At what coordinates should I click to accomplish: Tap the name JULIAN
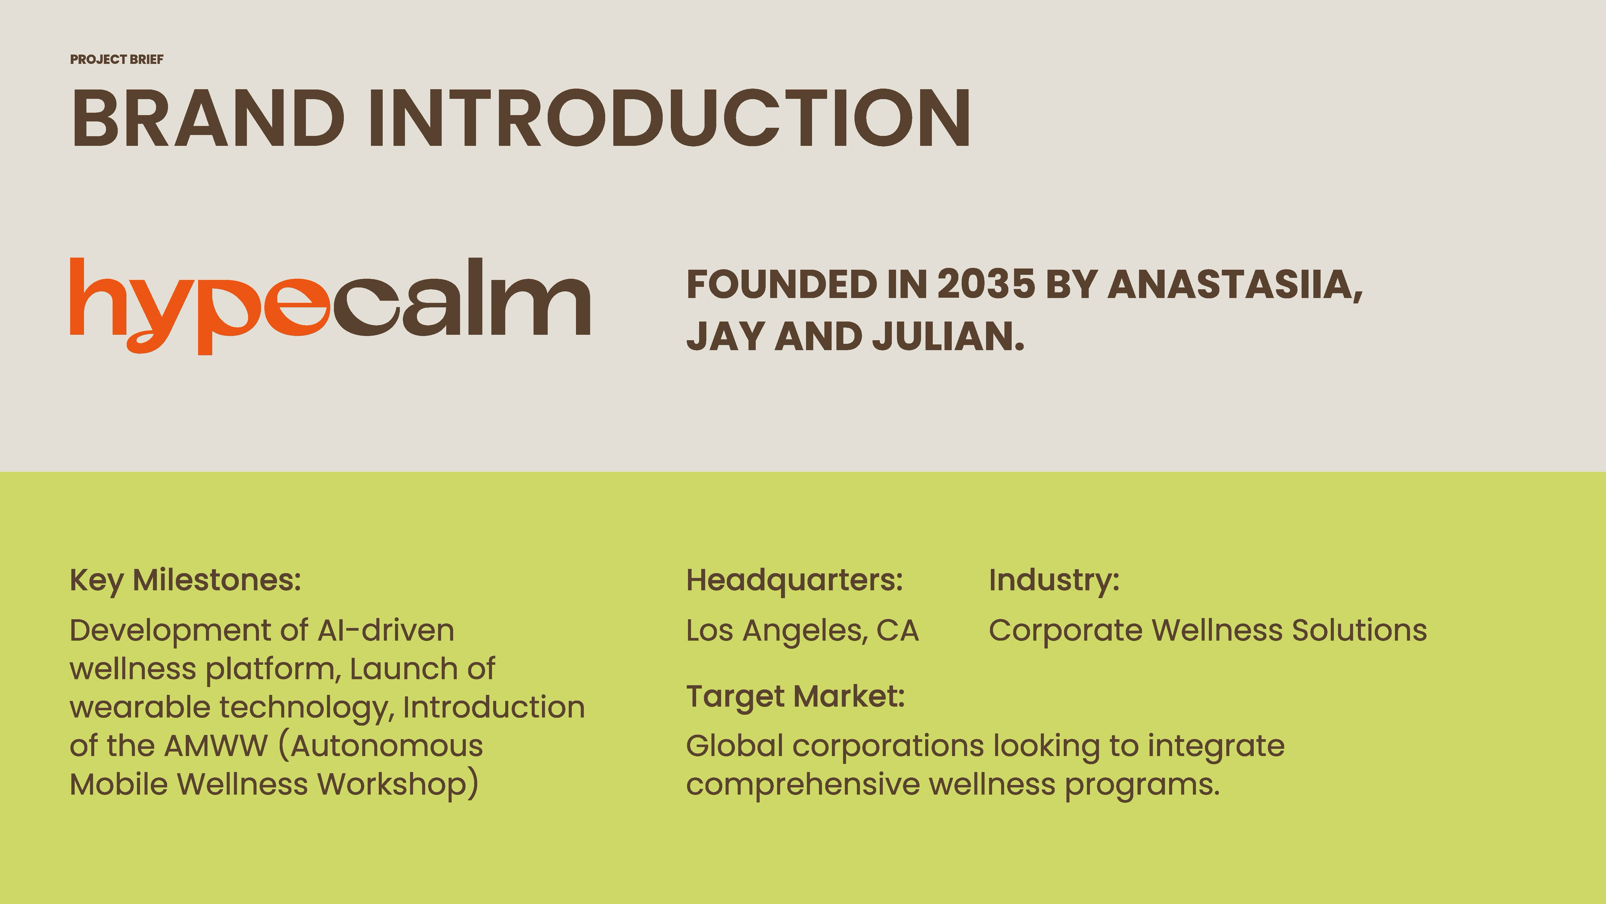coord(948,336)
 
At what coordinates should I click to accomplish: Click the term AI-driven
coord(386,630)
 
